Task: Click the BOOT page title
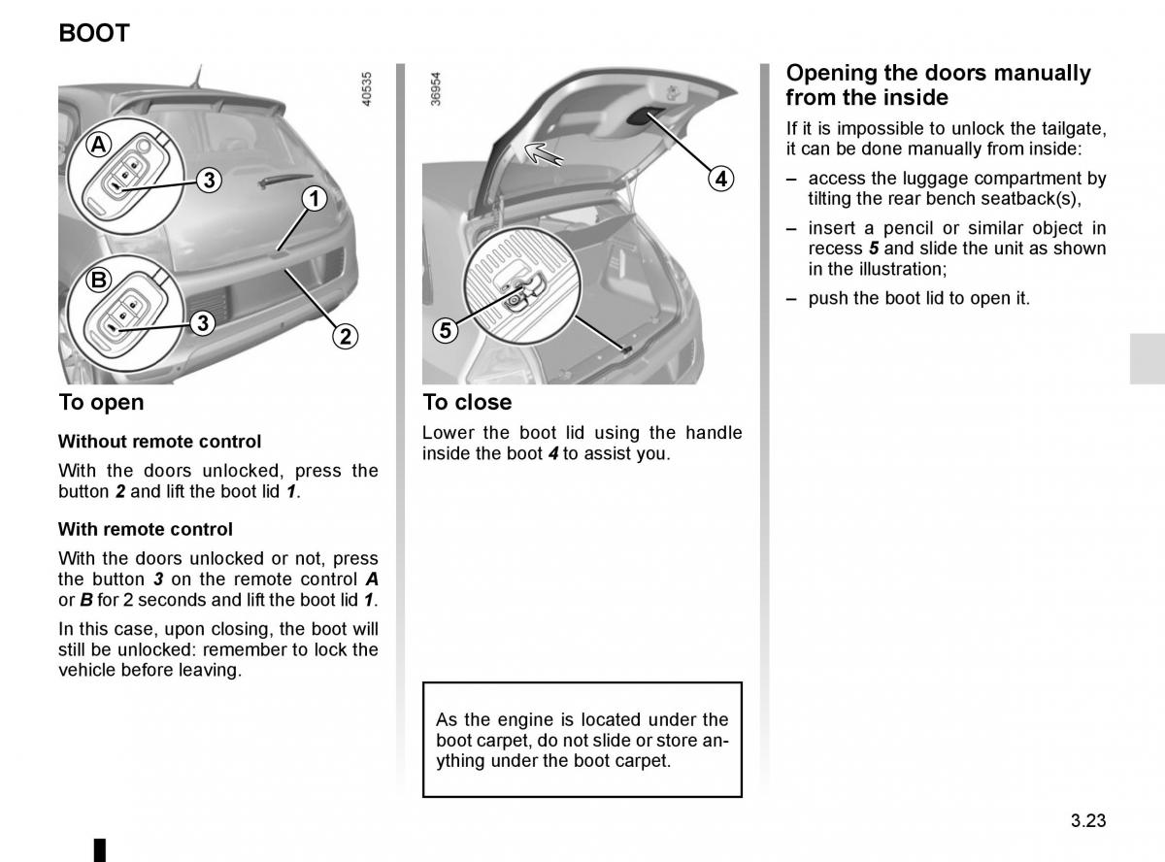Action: point(94,33)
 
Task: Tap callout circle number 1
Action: point(313,199)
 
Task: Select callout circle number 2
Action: point(345,336)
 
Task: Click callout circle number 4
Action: point(719,179)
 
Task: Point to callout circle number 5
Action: point(445,330)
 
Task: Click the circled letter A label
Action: point(99,146)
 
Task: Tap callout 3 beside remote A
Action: point(208,180)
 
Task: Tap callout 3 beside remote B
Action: point(202,323)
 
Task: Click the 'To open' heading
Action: point(101,402)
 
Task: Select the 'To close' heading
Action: point(467,402)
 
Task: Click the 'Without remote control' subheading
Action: point(159,442)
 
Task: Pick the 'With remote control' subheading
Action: point(146,529)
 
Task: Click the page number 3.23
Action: point(1088,820)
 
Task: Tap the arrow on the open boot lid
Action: point(545,152)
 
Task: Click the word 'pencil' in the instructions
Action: point(890,228)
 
